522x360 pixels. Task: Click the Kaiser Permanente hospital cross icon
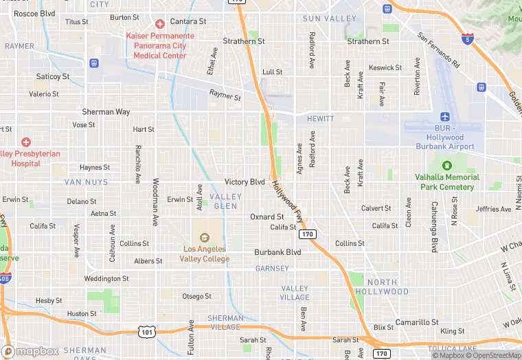point(160,24)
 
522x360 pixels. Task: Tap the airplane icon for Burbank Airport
point(445,116)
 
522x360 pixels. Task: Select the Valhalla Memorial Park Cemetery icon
point(447,166)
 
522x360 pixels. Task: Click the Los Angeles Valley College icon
point(205,237)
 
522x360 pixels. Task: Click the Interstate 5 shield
point(467,37)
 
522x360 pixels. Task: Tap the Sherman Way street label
point(106,111)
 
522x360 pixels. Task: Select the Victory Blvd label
point(245,182)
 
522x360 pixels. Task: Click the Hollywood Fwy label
point(287,201)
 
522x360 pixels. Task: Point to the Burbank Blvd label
point(277,252)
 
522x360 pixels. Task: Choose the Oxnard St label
point(266,216)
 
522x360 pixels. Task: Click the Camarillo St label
point(416,322)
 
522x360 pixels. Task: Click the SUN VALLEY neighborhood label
point(329,19)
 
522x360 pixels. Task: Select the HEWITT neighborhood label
point(320,119)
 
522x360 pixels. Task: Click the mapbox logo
point(30,351)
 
